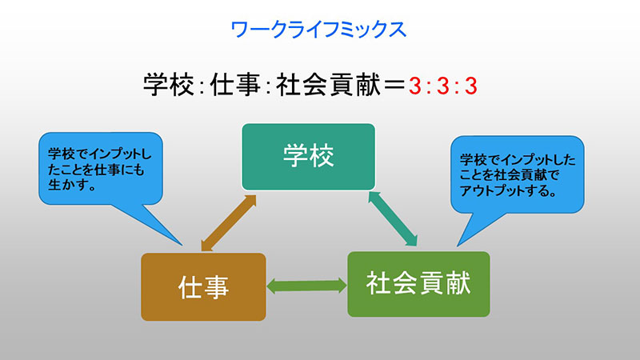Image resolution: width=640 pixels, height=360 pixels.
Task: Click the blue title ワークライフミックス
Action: pyautogui.click(x=318, y=30)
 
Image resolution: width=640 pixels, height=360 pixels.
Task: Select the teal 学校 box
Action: pyautogui.click(x=309, y=157)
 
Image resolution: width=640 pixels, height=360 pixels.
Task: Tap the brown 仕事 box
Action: pyautogui.click(x=203, y=286)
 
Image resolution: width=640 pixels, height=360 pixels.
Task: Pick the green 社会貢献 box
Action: pyautogui.click(x=418, y=284)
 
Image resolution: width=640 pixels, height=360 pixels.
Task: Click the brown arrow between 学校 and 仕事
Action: pyautogui.click(x=229, y=223)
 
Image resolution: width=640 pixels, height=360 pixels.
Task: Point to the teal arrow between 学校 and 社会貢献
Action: pyautogui.click(x=393, y=218)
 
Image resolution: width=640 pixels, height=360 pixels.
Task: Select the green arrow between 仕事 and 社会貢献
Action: pyautogui.click(x=306, y=286)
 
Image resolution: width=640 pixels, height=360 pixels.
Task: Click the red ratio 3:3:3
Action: pyautogui.click(x=443, y=86)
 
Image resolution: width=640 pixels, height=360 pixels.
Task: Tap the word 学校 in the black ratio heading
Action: pyautogui.click(x=169, y=85)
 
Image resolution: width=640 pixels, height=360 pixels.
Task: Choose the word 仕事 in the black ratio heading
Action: pyautogui.click(x=235, y=85)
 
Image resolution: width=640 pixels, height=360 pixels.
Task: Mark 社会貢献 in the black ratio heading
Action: pyautogui.click(x=328, y=85)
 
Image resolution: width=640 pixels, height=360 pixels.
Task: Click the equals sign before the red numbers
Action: pyautogui.click(x=394, y=86)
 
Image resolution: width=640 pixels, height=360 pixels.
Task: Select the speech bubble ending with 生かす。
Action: pyautogui.click(x=101, y=168)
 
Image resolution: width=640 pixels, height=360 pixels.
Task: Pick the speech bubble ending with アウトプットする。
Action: pyautogui.click(x=517, y=174)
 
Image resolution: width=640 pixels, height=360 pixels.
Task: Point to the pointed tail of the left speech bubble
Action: pyautogui.click(x=182, y=245)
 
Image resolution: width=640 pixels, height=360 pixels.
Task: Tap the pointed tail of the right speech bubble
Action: pyautogui.click(x=458, y=246)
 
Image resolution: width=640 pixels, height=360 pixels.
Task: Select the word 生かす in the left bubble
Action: pyautogui.click(x=68, y=185)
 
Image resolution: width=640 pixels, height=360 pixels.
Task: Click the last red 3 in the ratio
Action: pyautogui.click(x=471, y=86)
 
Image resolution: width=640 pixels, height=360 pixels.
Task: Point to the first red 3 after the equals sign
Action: pyautogui.click(x=415, y=86)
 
